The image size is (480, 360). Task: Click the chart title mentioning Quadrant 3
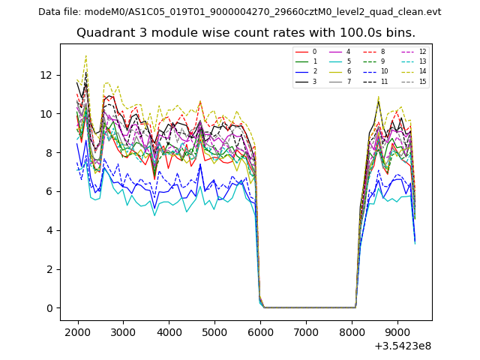(x=246, y=33)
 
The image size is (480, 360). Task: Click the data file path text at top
(x=240, y=12)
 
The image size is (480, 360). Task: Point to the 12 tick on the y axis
(x=46, y=75)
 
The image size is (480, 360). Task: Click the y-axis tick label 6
(x=49, y=191)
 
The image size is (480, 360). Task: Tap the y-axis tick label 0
(x=49, y=308)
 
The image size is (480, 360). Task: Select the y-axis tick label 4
(x=49, y=230)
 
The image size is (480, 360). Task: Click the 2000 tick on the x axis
(x=77, y=331)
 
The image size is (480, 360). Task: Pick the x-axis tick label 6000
(x=260, y=331)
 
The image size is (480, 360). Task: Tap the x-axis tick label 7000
(x=306, y=331)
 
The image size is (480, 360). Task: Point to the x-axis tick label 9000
(x=397, y=331)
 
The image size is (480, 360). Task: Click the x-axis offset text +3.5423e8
(x=402, y=346)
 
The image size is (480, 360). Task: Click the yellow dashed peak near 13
(x=86, y=55)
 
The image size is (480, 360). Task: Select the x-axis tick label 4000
(x=169, y=331)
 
